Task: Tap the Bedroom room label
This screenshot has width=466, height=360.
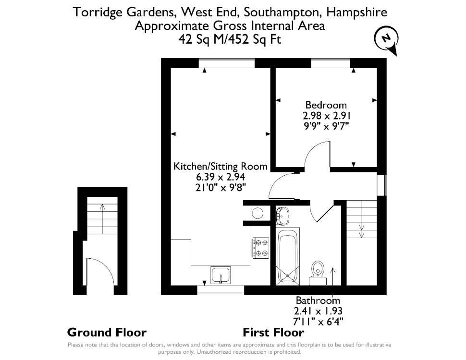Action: (x=326, y=105)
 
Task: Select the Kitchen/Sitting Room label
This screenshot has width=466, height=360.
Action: (x=220, y=167)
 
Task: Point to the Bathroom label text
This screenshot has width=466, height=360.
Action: (x=318, y=300)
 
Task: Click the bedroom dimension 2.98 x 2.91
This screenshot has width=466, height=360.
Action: (x=327, y=116)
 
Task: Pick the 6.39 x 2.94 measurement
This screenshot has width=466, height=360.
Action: (x=220, y=177)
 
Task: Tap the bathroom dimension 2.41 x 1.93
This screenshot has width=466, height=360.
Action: (x=318, y=311)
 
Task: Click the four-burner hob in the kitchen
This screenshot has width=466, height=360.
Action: (x=261, y=247)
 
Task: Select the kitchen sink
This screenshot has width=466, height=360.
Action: (x=220, y=275)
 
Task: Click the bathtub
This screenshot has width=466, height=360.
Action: (x=287, y=256)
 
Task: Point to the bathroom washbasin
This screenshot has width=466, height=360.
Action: (x=282, y=216)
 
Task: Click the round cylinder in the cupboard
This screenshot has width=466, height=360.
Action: (x=257, y=213)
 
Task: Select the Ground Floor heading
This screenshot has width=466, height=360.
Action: (x=107, y=332)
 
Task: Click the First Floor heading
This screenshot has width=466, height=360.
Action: (x=273, y=332)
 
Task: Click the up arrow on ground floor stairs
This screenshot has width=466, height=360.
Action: (x=102, y=219)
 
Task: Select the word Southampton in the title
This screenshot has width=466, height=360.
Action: (x=283, y=13)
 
